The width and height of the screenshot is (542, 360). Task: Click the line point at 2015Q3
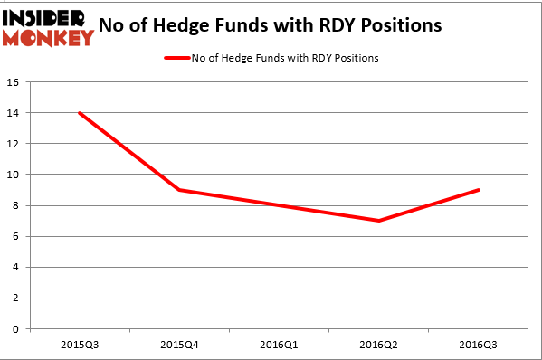81,113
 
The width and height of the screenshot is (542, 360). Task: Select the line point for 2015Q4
179,190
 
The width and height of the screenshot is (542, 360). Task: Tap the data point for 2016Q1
278,205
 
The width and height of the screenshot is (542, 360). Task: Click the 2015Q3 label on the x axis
81,345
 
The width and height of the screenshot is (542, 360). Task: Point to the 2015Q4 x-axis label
179,345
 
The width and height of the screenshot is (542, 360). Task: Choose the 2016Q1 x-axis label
278,345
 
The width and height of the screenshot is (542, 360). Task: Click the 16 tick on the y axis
14,82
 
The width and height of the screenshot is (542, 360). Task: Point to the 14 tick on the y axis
14,113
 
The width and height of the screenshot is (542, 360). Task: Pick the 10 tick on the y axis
14,175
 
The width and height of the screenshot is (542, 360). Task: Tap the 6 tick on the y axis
16,236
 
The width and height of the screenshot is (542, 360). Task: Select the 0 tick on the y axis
16,329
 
